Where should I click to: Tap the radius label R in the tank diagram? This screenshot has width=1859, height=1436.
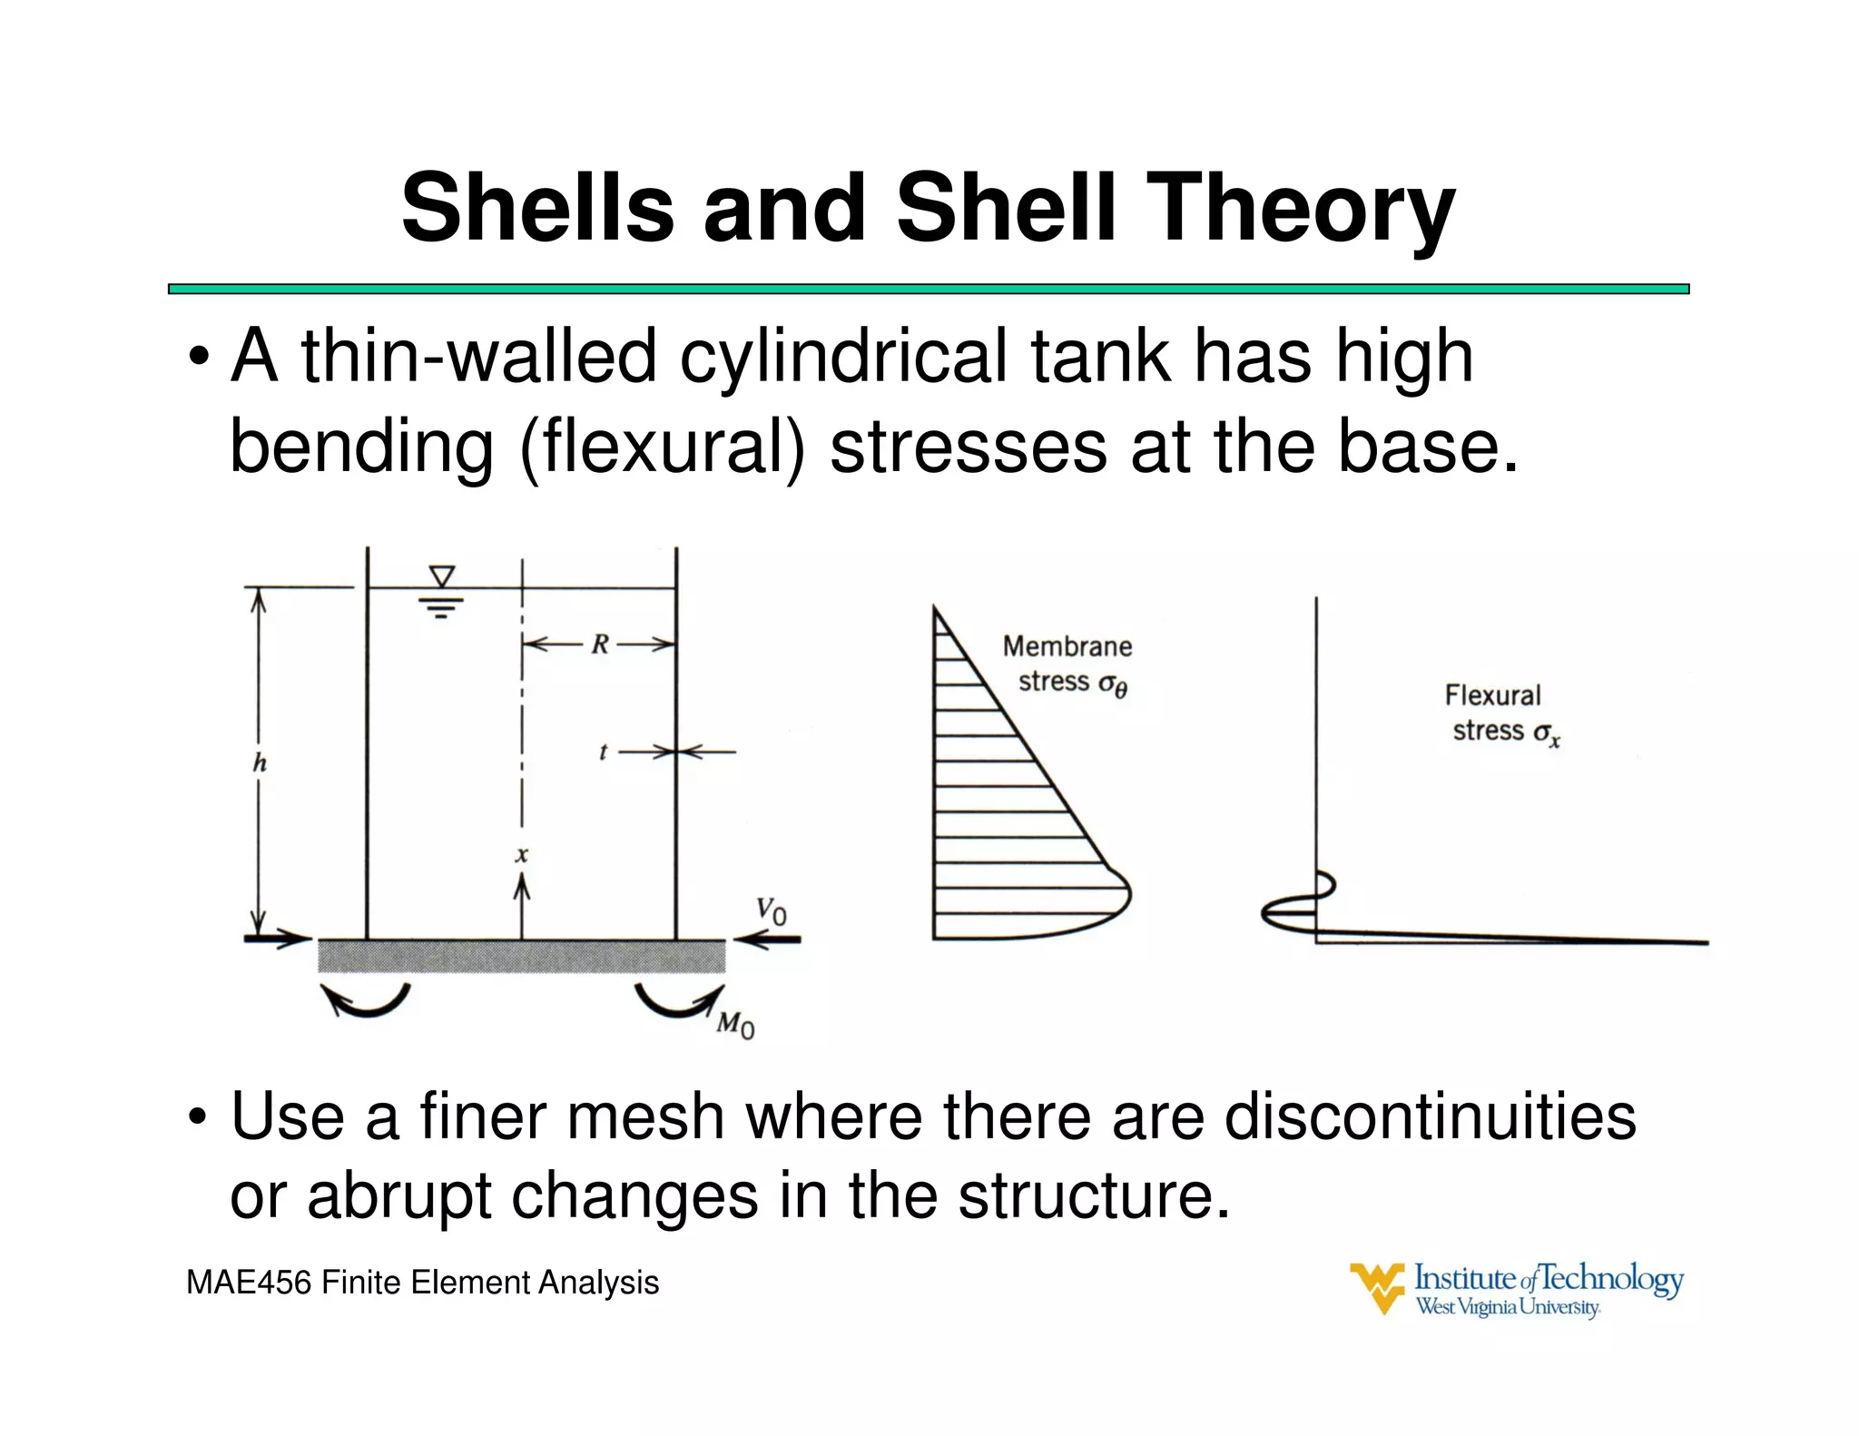coord(600,644)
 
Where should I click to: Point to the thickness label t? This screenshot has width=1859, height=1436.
coord(603,752)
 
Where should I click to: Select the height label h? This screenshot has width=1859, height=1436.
coord(260,763)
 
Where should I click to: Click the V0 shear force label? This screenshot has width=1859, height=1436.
coord(772,910)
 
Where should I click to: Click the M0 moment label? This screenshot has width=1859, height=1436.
coord(735,1025)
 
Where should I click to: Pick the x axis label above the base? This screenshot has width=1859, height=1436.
coord(522,854)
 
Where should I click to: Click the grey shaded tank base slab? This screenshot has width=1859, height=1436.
coord(521,956)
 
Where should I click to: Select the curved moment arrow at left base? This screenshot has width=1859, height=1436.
coord(366,1001)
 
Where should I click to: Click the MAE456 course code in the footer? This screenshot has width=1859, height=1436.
coord(249,1283)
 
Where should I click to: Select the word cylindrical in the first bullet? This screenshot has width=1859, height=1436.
coord(844,357)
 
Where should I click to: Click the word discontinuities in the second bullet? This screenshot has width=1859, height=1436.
coord(1430,1116)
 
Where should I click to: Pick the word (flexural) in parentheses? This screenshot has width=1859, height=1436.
coord(663,447)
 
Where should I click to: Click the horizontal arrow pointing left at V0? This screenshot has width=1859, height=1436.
coord(768,939)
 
